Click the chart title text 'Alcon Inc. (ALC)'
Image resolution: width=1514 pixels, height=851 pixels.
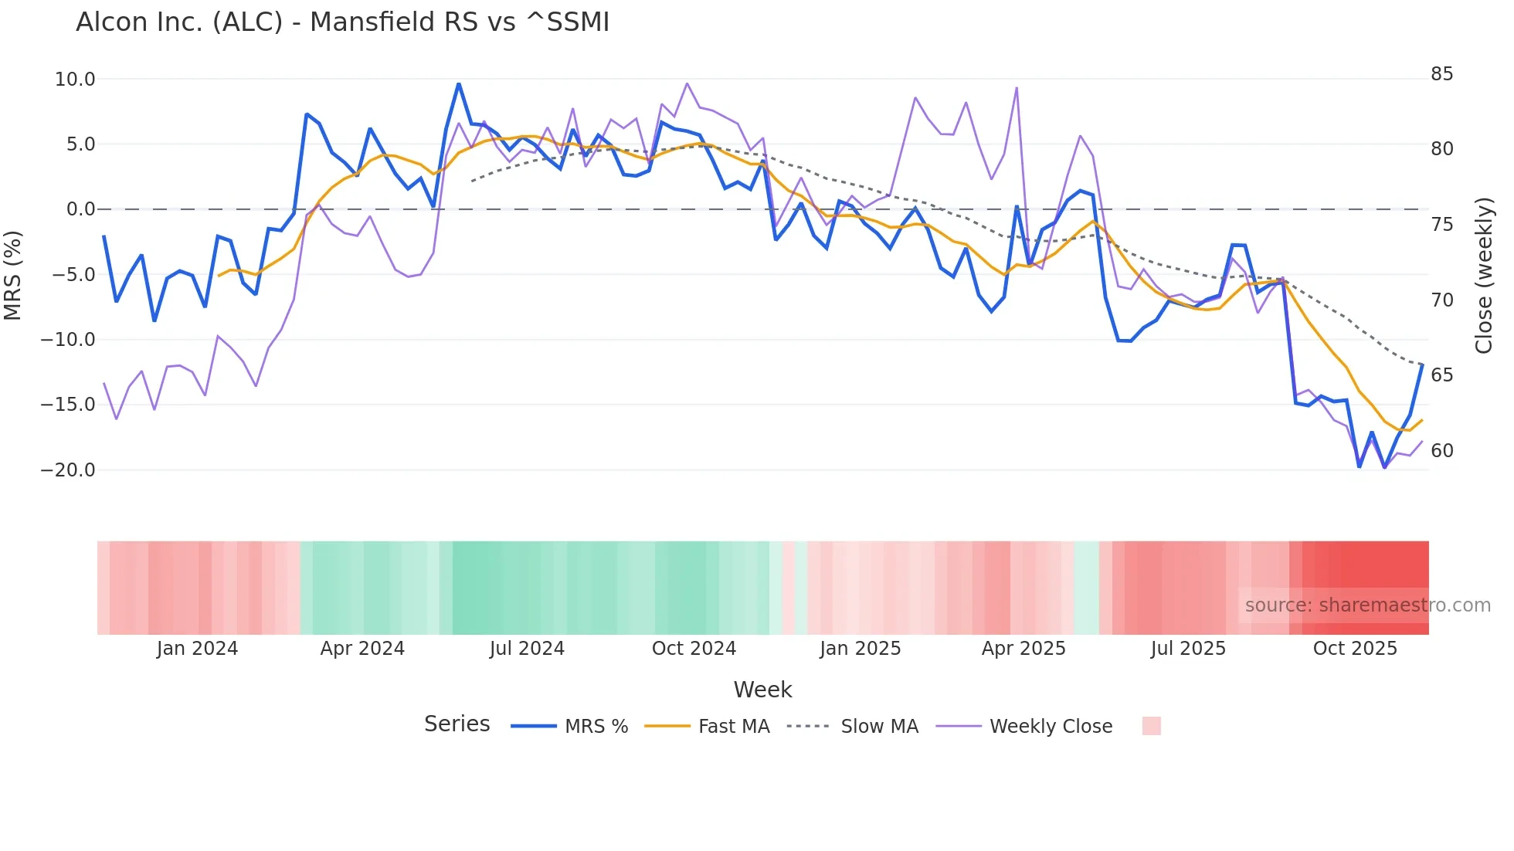(x=179, y=22)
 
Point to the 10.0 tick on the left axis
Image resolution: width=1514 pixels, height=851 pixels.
(x=75, y=80)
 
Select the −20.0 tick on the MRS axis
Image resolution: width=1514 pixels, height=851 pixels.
(x=68, y=470)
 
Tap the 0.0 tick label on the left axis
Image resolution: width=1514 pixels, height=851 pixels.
(x=80, y=209)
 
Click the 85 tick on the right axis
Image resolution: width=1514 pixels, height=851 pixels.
(x=1441, y=74)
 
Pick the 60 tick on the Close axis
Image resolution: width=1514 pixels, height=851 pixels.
(x=1441, y=451)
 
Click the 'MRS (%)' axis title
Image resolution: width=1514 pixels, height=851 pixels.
(x=13, y=275)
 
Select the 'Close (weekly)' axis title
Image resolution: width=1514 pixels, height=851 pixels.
(x=1484, y=276)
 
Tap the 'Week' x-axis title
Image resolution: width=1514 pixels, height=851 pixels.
(x=762, y=690)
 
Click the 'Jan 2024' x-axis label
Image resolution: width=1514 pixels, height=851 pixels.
(x=197, y=649)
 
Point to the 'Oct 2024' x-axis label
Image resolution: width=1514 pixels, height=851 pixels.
(x=694, y=649)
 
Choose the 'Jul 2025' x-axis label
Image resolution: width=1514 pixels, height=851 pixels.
(x=1188, y=649)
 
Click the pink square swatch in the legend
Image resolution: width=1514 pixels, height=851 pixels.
(x=1151, y=726)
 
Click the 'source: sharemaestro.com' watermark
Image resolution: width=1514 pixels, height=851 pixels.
(x=1367, y=605)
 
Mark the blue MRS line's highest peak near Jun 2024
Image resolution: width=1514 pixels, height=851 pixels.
(x=459, y=84)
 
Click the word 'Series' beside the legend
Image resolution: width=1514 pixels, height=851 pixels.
(x=457, y=724)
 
